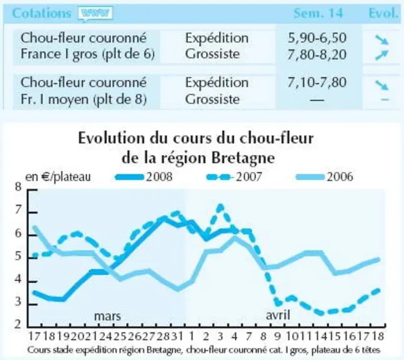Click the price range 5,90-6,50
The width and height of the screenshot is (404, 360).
[317, 38]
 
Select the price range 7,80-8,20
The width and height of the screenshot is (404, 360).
[317, 54]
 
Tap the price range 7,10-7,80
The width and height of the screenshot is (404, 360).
[317, 82]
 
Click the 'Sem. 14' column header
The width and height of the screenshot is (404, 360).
[318, 13]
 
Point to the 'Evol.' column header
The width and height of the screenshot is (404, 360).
[383, 13]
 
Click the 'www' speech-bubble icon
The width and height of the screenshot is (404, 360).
[96, 14]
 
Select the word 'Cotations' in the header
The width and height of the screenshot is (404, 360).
[41, 13]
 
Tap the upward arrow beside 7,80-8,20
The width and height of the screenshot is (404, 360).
[382, 55]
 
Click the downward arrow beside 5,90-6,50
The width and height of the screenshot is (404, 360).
[382, 39]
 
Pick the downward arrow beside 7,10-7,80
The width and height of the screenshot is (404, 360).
[382, 85]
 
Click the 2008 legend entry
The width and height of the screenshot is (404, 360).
[144, 177]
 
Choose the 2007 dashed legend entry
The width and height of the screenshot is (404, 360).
[234, 177]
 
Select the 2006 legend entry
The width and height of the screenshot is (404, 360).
[325, 177]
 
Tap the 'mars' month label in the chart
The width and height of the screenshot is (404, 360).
[107, 316]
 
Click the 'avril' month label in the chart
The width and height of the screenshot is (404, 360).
[278, 315]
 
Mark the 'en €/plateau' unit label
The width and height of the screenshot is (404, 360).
[58, 177]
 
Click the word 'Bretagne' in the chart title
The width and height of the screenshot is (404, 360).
[243, 158]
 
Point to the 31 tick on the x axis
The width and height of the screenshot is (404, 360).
[177, 336]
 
